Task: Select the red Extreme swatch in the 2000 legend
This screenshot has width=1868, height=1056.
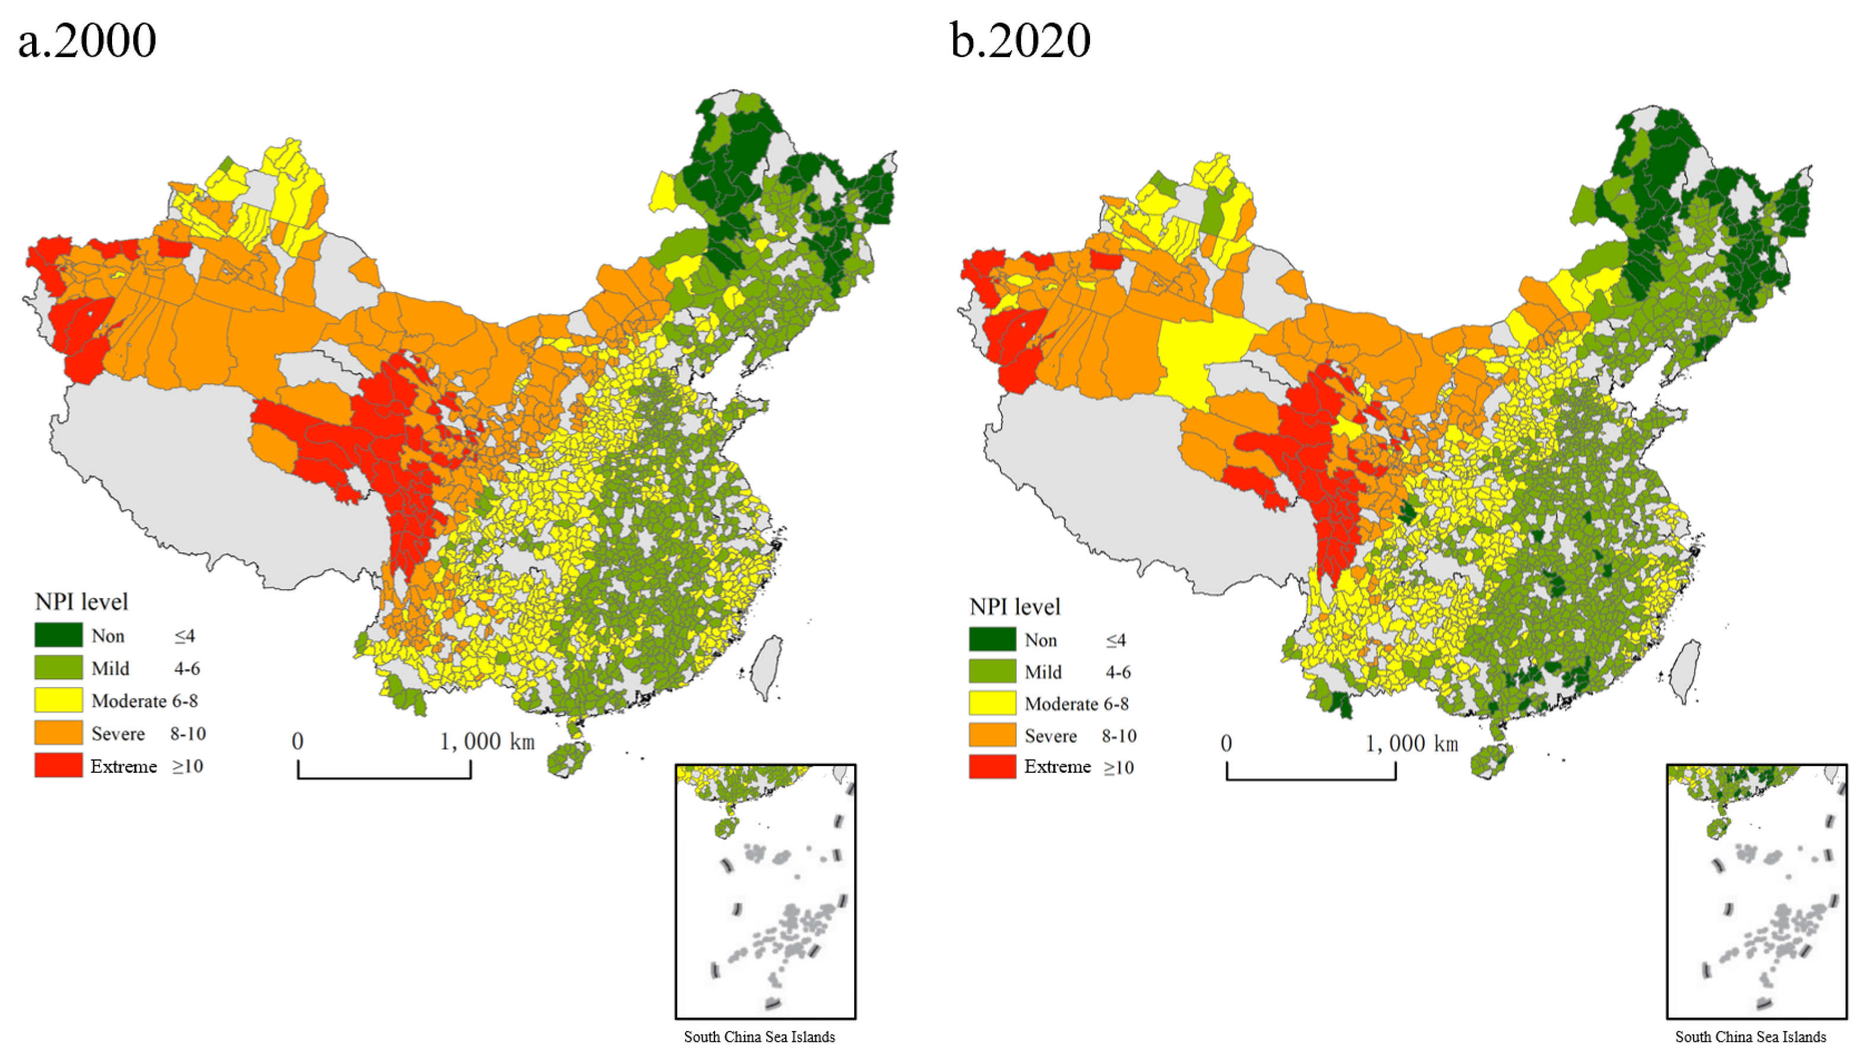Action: tap(58, 766)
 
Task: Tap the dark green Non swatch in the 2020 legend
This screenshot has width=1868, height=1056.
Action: tap(992, 640)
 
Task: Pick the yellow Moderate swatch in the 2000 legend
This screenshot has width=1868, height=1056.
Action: tap(58, 701)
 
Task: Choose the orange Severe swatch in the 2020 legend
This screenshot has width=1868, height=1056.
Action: tap(992, 736)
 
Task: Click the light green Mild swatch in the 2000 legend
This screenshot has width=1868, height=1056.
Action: tap(58, 668)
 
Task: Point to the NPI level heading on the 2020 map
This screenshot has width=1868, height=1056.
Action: tap(1015, 606)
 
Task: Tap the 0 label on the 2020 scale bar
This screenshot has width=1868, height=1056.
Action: tap(1226, 743)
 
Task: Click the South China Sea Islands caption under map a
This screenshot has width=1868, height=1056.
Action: tap(759, 1036)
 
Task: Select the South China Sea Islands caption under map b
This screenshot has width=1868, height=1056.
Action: tap(1751, 1036)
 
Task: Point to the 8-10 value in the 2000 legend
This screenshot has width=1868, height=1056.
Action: tap(188, 733)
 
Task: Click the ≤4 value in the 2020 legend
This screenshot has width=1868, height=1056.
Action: tap(1115, 640)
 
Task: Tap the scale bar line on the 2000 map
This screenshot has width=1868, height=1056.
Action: tap(384, 778)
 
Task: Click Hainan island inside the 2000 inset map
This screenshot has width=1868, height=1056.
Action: tap(726, 828)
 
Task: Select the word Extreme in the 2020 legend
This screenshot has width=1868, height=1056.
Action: tap(1057, 766)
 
